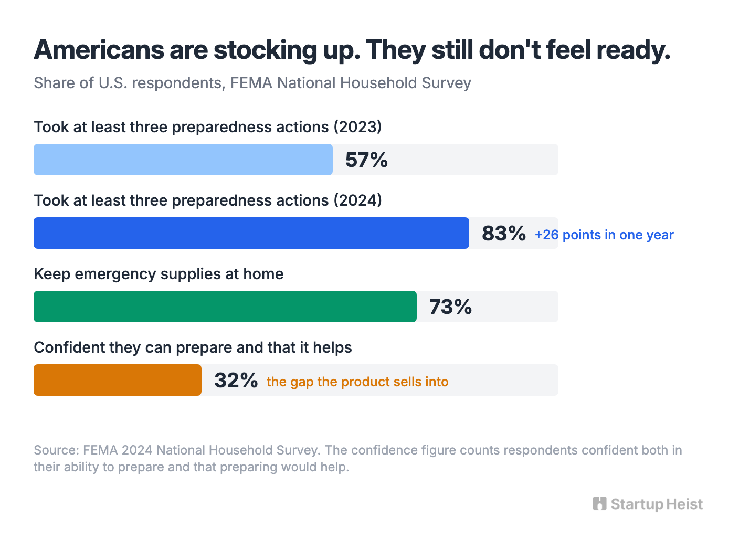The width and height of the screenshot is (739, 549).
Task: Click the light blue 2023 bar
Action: pyautogui.click(x=183, y=160)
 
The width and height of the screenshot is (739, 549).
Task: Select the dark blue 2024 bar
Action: pyautogui.click(x=251, y=233)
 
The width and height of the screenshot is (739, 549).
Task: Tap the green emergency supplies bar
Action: pyautogui.click(x=225, y=307)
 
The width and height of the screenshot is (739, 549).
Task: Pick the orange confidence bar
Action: pyautogui.click(x=117, y=380)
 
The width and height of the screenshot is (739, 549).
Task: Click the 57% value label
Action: pyautogui.click(x=366, y=160)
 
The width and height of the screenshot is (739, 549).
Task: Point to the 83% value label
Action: pyautogui.click(x=504, y=234)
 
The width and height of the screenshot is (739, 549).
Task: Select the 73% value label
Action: pyautogui.click(x=450, y=307)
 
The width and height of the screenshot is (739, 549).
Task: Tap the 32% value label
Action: pyautogui.click(x=236, y=381)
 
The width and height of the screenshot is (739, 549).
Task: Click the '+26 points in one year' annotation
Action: pyautogui.click(x=604, y=235)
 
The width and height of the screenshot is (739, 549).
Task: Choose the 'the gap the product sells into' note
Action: pyautogui.click(x=357, y=382)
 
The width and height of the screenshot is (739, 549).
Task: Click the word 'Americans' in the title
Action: pyautogui.click(x=99, y=50)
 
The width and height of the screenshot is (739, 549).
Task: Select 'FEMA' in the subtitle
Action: pyautogui.click(x=251, y=83)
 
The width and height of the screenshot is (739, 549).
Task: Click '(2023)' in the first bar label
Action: pyautogui.click(x=358, y=127)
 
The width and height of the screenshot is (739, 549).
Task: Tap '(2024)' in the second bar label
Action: pyautogui.click(x=358, y=200)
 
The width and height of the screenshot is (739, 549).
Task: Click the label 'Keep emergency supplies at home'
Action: pyautogui.click(x=159, y=274)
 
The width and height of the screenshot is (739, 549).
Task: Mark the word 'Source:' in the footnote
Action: pyautogui.click(x=56, y=450)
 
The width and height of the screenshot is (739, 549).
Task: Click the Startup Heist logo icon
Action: pyautogui.click(x=599, y=503)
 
